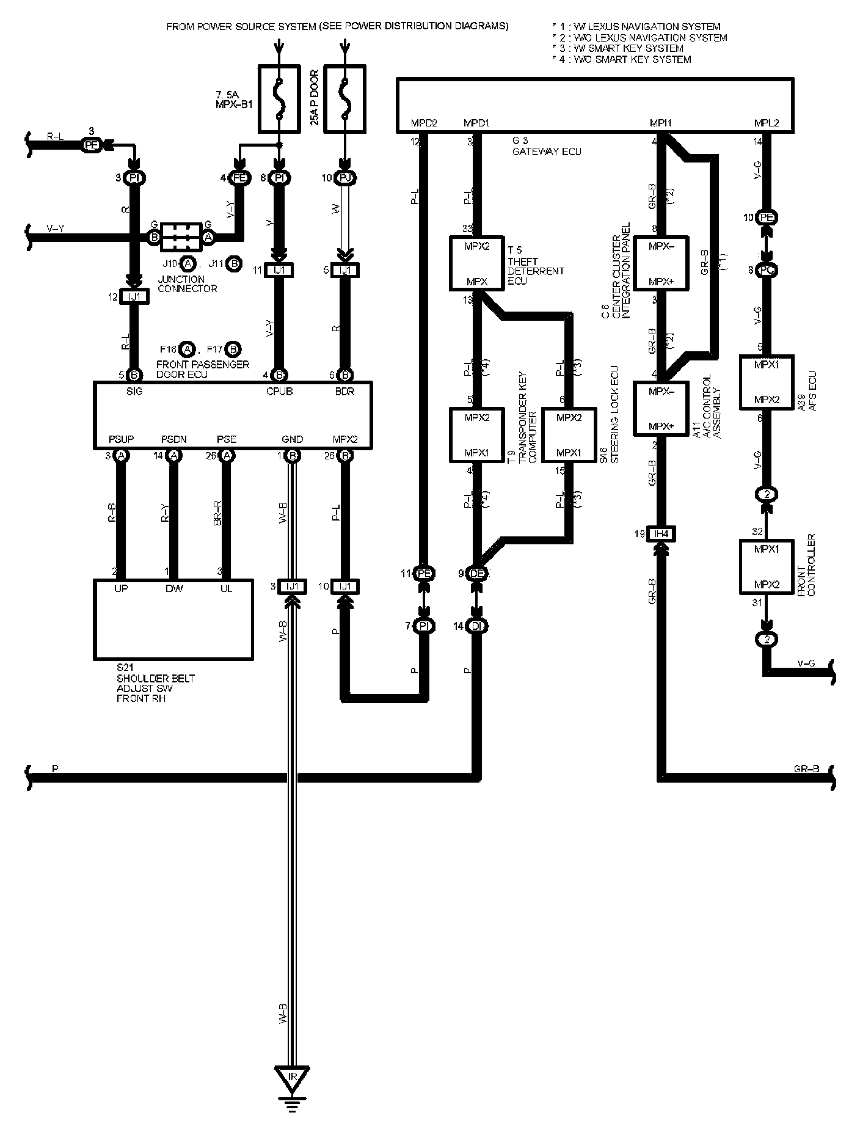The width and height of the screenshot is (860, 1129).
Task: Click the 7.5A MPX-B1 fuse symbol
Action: point(279,100)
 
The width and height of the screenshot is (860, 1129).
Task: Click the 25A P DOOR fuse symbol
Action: point(344,100)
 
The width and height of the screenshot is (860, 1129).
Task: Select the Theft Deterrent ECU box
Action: point(477,263)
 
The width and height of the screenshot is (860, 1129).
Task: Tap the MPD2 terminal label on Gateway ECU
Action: point(424,123)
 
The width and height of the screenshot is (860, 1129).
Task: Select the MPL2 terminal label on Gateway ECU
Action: point(766,123)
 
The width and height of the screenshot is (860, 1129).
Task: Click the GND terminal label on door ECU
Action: point(292,439)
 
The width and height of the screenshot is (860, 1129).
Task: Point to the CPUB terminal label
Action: point(279,392)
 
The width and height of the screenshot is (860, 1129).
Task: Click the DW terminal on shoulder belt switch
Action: point(173,588)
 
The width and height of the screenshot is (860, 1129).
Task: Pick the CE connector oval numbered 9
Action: point(477,574)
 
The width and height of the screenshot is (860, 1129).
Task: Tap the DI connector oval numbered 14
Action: point(477,626)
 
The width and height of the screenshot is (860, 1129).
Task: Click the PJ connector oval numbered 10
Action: point(346,178)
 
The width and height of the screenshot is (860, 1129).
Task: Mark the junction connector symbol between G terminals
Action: point(181,236)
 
